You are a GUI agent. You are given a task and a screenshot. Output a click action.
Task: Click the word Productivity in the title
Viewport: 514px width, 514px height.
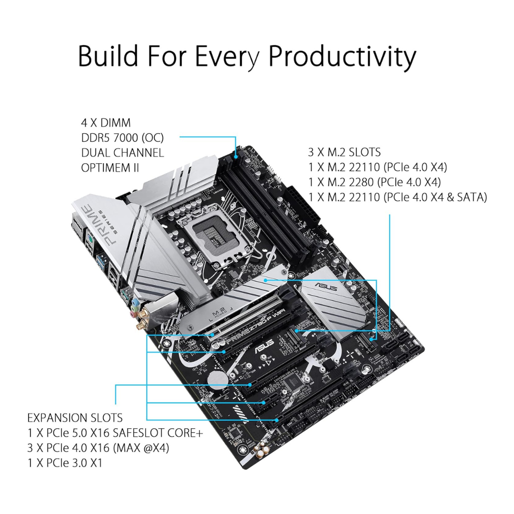coord(342,56)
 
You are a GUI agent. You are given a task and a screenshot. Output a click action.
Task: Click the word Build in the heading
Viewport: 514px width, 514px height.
coord(108,56)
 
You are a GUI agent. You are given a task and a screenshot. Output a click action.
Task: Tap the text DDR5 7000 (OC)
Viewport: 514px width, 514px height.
coord(122,138)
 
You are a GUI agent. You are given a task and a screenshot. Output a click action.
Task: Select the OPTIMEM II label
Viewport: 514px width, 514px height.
coord(110,168)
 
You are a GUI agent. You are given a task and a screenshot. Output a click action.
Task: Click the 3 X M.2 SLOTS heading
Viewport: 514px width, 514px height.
coord(345,152)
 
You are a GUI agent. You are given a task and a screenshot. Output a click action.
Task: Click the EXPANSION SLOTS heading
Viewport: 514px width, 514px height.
coord(75,418)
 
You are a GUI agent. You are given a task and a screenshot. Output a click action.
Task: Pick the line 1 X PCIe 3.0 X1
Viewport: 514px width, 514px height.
coord(65,463)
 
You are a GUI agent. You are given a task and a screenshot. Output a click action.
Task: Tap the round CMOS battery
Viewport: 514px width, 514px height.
coord(218,381)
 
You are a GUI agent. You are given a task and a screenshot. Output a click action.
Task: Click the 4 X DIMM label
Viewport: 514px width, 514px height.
coord(106,123)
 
